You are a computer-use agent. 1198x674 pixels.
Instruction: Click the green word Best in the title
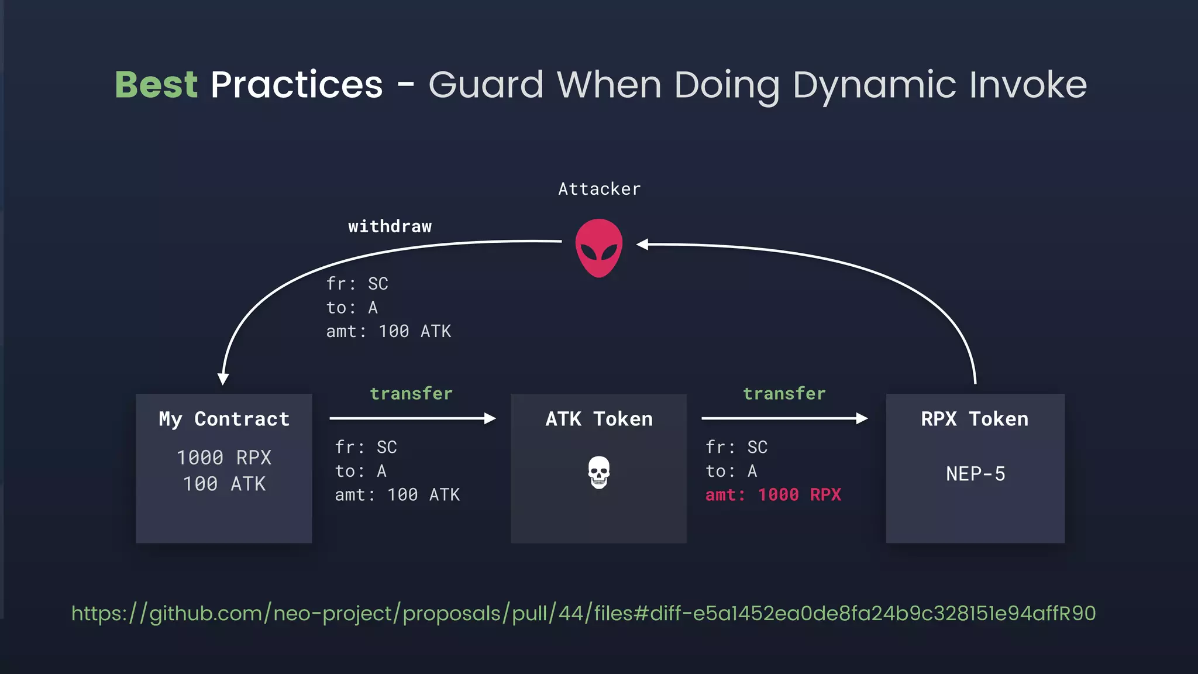pos(156,85)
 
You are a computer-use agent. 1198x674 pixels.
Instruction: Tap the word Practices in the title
pos(297,85)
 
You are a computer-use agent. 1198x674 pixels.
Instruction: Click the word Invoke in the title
pos(1028,85)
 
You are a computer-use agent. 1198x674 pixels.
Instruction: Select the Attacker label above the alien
pos(599,189)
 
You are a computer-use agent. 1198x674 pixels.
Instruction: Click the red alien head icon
pos(598,247)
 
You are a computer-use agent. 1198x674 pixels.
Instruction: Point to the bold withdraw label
pos(390,226)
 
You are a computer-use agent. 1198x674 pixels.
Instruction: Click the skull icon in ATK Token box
pos(598,472)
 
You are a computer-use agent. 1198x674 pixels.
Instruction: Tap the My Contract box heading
pos(224,419)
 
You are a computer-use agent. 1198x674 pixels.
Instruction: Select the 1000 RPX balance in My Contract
pos(224,458)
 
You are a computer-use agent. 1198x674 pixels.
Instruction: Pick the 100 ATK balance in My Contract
pos(224,484)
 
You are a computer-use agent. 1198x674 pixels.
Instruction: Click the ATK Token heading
pos(598,419)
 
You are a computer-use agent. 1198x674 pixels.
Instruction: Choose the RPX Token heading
pos(975,419)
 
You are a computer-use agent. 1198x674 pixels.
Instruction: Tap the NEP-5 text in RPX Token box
pos(975,473)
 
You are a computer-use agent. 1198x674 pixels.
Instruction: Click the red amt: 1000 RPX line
pos(773,495)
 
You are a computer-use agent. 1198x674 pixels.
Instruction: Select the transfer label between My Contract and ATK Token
pos(411,394)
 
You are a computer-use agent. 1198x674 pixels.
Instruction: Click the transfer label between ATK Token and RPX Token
pos(784,394)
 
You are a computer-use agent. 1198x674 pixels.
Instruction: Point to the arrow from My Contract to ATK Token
pos(412,418)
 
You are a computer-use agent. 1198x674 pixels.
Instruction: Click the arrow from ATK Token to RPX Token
pos(784,418)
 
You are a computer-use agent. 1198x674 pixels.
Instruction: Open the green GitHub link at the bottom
pos(583,613)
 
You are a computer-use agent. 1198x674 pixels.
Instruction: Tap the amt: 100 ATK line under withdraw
pos(388,332)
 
